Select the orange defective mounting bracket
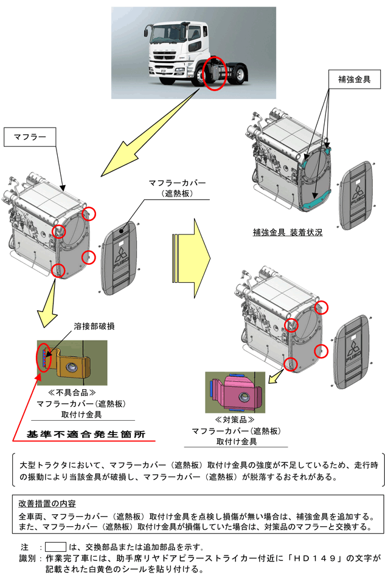coord(70,364)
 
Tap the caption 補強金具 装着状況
coord(288,233)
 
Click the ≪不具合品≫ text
coord(68,393)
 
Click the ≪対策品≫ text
coord(234,420)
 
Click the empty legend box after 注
coord(56,546)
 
